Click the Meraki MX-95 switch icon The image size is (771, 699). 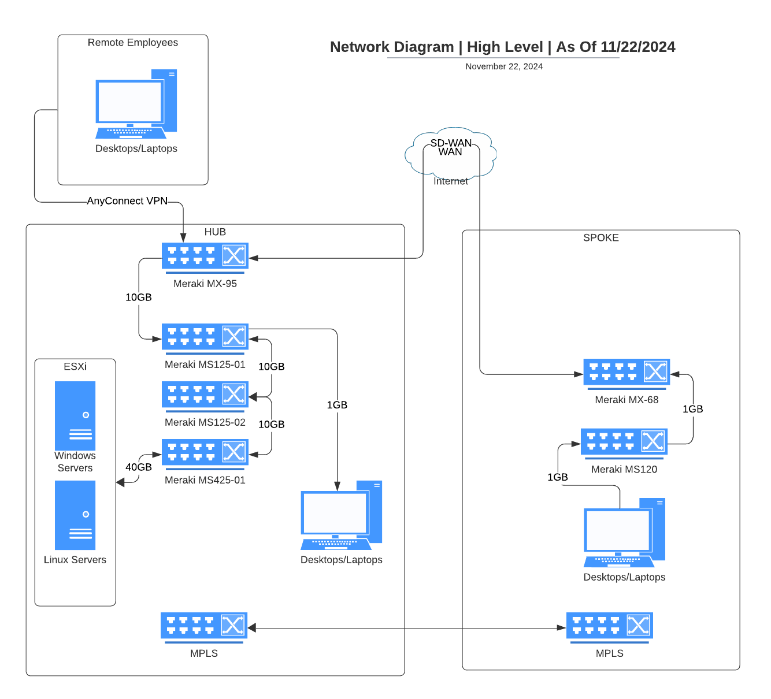pyautogui.click(x=205, y=256)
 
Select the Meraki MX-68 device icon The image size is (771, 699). pyautogui.click(x=627, y=372)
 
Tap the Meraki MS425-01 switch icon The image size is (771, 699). pyautogui.click(x=205, y=452)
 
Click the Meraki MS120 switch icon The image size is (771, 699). pyautogui.click(x=624, y=442)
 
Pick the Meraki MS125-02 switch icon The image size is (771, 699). pyautogui.click(x=205, y=395)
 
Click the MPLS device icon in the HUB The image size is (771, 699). pyautogui.click(x=203, y=626)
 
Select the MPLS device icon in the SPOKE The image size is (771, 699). pyautogui.click(x=609, y=626)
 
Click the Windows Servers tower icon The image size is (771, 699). pyautogui.click(x=75, y=415)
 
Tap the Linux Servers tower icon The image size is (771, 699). pyautogui.click(x=75, y=515)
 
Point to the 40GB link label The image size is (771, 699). pyautogui.click(x=139, y=467)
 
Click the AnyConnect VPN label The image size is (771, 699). pyautogui.click(x=127, y=201)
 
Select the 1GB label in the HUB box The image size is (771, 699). pyautogui.click(x=337, y=405)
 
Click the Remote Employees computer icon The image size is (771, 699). pyautogui.click(x=136, y=105)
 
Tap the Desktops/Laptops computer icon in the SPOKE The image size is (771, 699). pyautogui.click(x=624, y=533)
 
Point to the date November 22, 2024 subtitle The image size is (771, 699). pyautogui.click(x=504, y=66)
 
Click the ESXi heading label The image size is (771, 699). pyautogui.click(x=75, y=367)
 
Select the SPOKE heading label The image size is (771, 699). pyautogui.click(x=601, y=238)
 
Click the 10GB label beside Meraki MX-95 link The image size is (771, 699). pyautogui.click(x=139, y=298)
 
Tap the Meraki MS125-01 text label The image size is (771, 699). pyautogui.click(x=205, y=365)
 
